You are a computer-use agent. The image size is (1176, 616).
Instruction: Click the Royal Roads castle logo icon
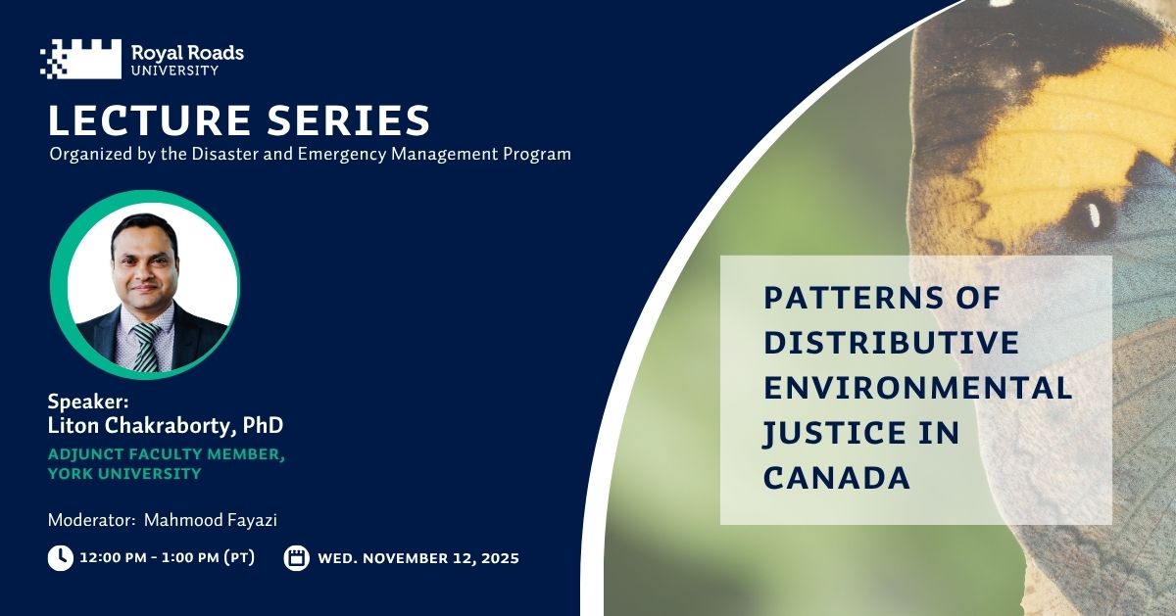click(80, 59)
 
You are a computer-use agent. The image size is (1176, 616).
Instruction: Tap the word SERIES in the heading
click(353, 120)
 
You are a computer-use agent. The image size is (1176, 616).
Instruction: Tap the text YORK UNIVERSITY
click(124, 474)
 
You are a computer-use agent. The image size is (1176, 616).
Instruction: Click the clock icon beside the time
click(60, 558)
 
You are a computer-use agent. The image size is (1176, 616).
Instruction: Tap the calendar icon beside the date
click(296, 558)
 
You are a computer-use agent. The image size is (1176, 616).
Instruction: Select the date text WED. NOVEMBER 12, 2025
click(418, 558)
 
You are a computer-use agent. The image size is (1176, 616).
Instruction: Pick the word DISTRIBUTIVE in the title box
click(891, 343)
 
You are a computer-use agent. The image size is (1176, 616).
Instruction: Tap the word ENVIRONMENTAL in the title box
click(917, 388)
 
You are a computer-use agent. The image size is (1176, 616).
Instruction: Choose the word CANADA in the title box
click(837, 478)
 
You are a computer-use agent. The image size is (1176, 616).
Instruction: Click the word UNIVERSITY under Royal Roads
click(173, 71)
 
